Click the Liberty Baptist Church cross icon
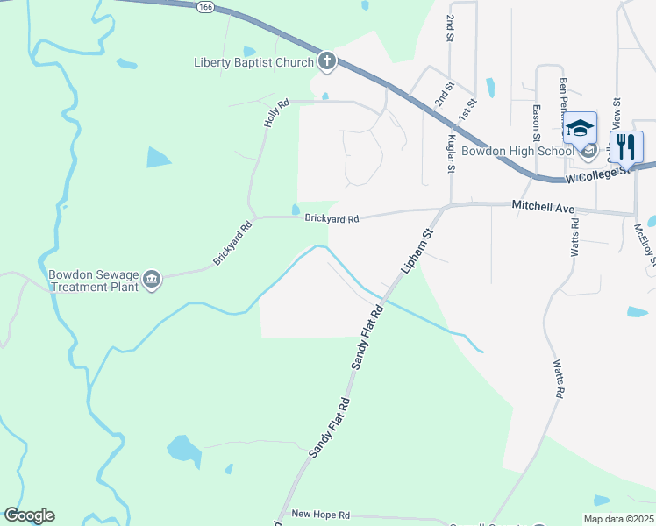tap(326, 61)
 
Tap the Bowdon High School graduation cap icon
tap(580, 129)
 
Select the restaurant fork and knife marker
tap(625, 145)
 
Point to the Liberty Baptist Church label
tap(253, 62)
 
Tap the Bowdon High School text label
tap(517, 151)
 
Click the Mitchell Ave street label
tap(542, 208)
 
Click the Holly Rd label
tap(276, 115)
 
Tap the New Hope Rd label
tap(320, 515)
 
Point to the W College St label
tap(600, 174)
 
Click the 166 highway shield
tap(205, 6)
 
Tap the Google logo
tap(29, 515)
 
